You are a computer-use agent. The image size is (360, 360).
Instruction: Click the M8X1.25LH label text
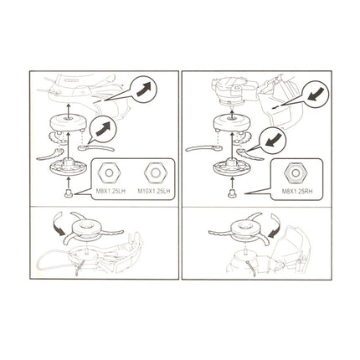(x=111, y=192)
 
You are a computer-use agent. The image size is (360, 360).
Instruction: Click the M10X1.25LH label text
(x=154, y=192)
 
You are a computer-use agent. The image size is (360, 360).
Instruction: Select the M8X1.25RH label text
(x=297, y=192)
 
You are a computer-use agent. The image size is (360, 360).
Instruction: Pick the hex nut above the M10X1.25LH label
(x=155, y=173)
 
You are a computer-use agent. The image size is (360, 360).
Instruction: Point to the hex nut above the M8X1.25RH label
(x=296, y=173)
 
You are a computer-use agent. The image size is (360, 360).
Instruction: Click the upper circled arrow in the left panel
(x=143, y=89)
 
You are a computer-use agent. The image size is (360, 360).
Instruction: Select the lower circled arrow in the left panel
(x=103, y=128)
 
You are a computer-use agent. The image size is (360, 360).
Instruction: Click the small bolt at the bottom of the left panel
(x=68, y=193)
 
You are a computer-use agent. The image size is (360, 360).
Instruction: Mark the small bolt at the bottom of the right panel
(x=232, y=193)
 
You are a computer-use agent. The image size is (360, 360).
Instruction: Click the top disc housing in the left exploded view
(x=67, y=123)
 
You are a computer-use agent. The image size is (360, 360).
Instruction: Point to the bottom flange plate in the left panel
(x=68, y=167)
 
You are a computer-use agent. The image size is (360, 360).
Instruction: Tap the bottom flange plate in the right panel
(x=232, y=167)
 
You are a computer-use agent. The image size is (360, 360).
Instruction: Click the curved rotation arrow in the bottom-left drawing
(x=58, y=223)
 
